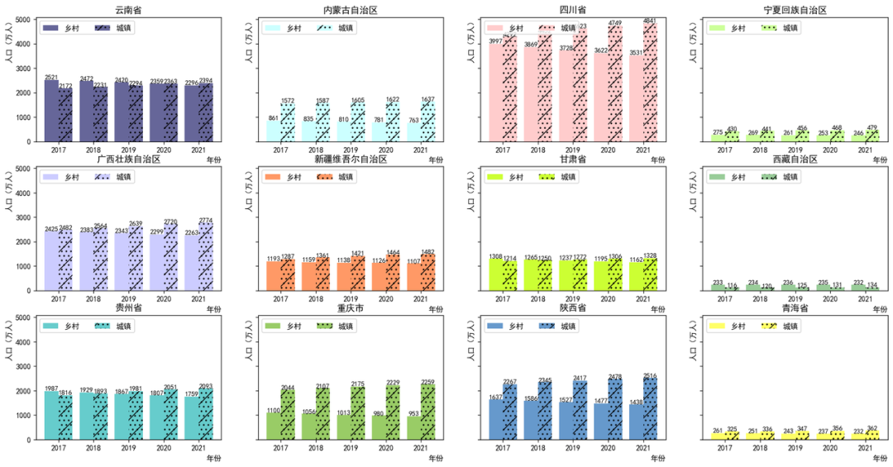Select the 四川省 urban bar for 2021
point(650,83)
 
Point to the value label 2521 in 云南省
point(51,77)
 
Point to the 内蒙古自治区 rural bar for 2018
point(310,132)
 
